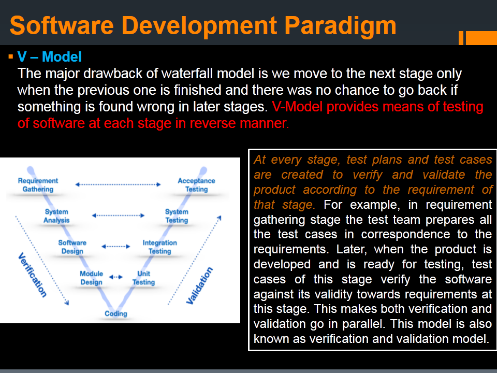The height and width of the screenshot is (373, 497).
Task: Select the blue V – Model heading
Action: pyautogui.click(x=50, y=57)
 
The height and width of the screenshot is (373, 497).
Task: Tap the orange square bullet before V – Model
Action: pyautogui.click(x=11, y=57)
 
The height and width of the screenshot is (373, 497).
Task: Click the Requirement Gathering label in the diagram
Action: pyautogui.click(x=38, y=185)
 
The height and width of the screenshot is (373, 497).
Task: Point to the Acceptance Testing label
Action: pyautogui.click(x=197, y=185)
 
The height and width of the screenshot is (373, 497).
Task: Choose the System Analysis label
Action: pyautogui.click(x=56, y=216)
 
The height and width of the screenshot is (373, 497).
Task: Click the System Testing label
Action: pyautogui.click(x=177, y=216)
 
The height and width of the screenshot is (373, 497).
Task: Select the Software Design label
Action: pyautogui.click(x=72, y=247)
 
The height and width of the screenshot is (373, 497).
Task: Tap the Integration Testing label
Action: pyautogui.click(x=160, y=247)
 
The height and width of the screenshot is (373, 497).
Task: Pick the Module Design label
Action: pyautogui.click(x=91, y=278)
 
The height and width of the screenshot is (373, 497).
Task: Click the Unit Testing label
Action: pyautogui.click(x=143, y=278)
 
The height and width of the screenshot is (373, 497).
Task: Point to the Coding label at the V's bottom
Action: pyautogui.click(x=116, y=314)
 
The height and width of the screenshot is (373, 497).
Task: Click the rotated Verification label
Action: pyautogui.click(x=32, y=275)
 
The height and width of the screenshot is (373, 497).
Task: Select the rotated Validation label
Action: pyautogui.click(x=199, y=286)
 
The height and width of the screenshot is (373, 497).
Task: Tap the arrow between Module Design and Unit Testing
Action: pyautogui.click(x=116, y=277)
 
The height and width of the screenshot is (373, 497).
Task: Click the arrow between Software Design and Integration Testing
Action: pyautogui.click(x=116, y=247)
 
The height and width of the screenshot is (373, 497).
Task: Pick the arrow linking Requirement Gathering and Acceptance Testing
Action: pyautogui.click(x=118, y=184)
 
